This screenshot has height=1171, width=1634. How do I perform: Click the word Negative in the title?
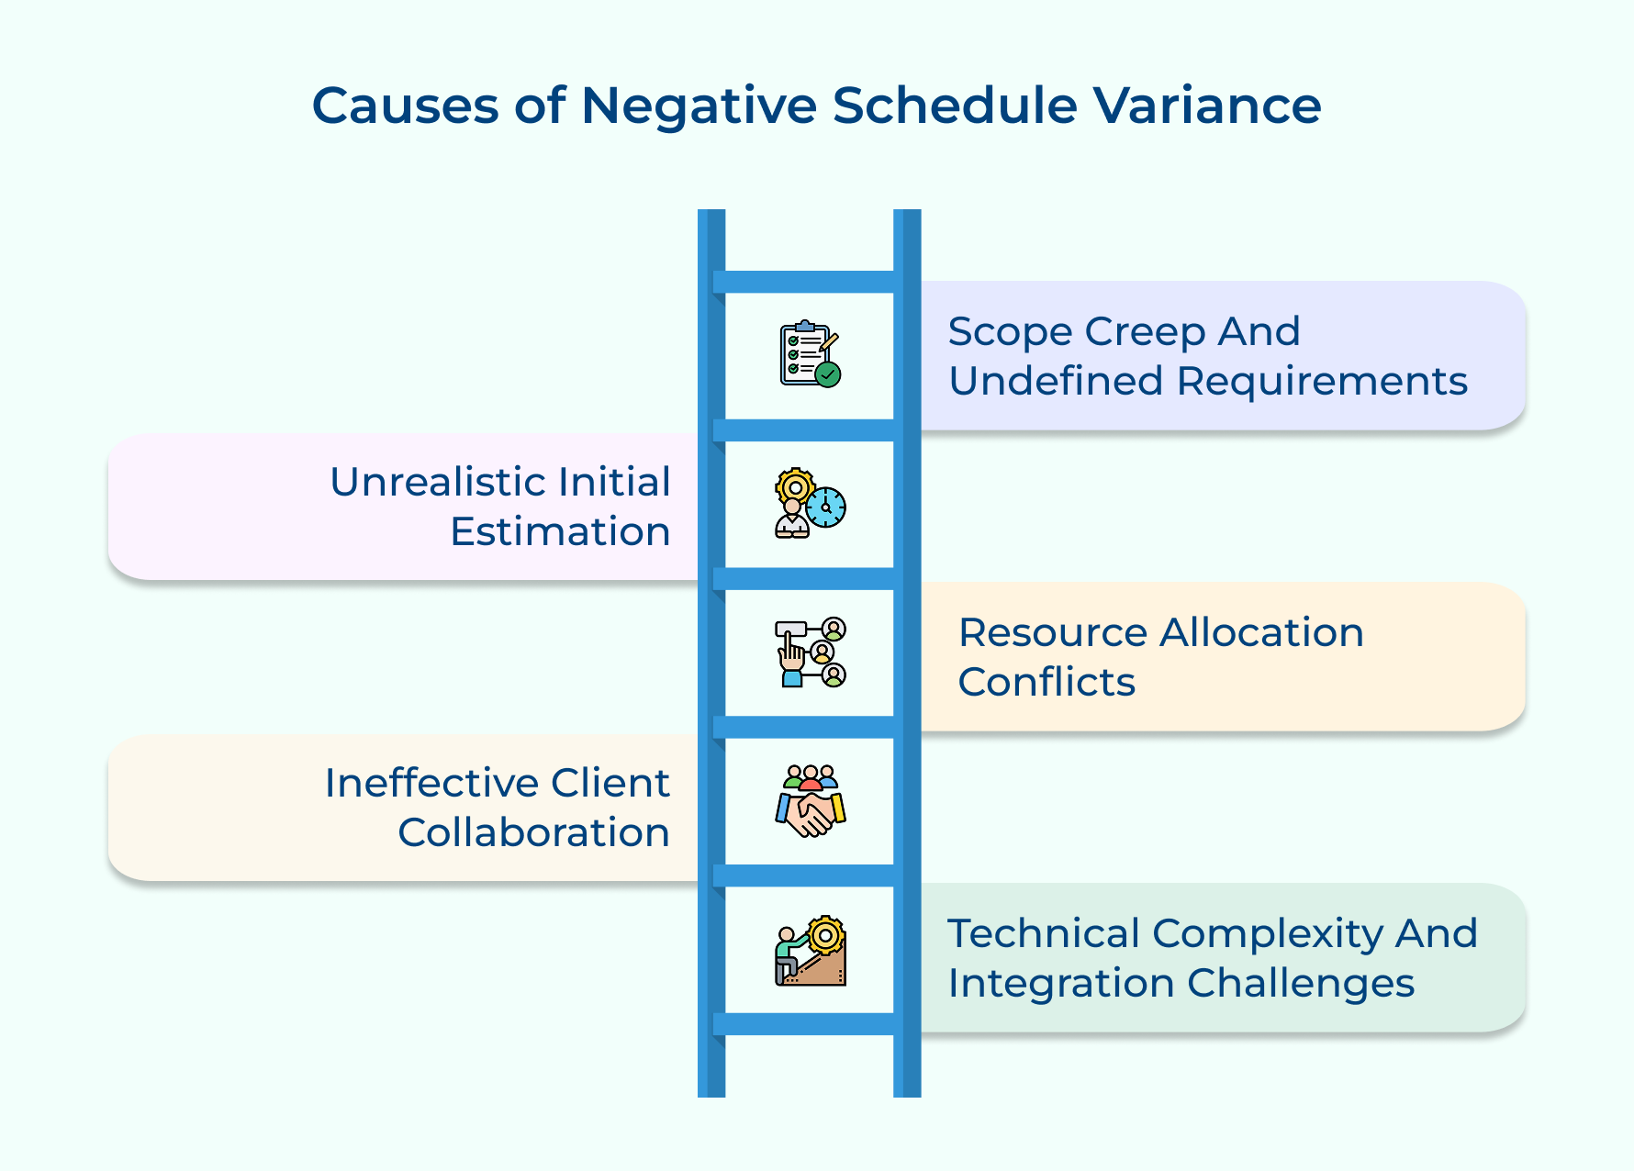coord(699,106)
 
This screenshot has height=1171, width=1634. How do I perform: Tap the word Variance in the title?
coord(1206,105)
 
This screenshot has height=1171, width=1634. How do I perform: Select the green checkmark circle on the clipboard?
coord(828,374)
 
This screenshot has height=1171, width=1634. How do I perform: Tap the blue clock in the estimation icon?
coord(826,507)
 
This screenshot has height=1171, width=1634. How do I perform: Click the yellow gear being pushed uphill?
coord(825,936)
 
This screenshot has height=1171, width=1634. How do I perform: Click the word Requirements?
coord(1322,382)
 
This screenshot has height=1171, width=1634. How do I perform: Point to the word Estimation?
coord(560,532)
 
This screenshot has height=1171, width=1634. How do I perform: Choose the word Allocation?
coord(1261,633)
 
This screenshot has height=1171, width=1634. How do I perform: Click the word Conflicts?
coord(1046,683)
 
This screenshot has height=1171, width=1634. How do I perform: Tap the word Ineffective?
coord(431,784)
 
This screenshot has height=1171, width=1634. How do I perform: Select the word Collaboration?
coord(533,833)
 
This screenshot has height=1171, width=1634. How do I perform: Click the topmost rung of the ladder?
coord(809,282)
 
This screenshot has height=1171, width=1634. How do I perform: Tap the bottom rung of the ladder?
coord(809,1024)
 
